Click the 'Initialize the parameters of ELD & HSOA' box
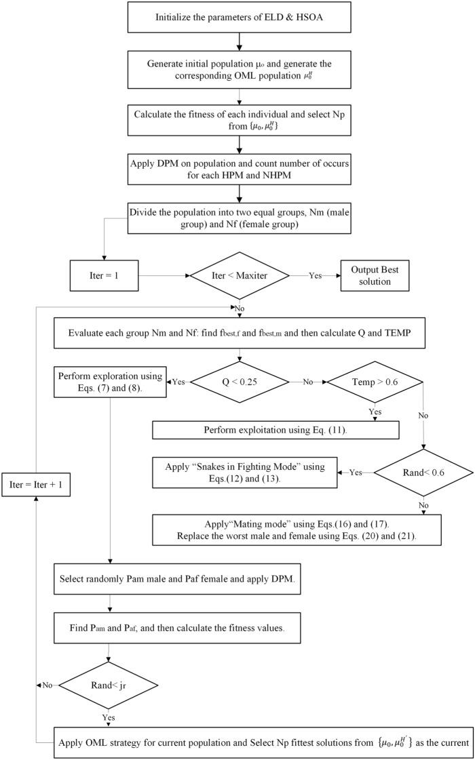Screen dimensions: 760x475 [237, 16]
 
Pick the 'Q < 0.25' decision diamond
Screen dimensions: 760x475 [239, 382]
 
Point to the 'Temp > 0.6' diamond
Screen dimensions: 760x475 [375, 382]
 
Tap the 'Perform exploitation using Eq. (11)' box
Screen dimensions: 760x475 [274, 431]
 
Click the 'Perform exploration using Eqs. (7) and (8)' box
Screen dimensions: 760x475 [110, 382]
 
